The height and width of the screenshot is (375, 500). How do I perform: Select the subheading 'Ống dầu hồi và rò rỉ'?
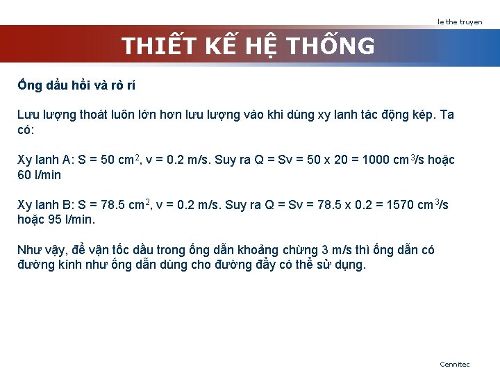click(x=76, y=85)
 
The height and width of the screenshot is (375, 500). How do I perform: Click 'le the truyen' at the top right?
click(x=460, y=22)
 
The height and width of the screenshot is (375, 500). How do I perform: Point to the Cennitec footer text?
click(x=455, y=364)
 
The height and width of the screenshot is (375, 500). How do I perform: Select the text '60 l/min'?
click(x=39, y=175)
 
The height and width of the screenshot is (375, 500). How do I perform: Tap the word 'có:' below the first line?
click(x=26, y=130)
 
